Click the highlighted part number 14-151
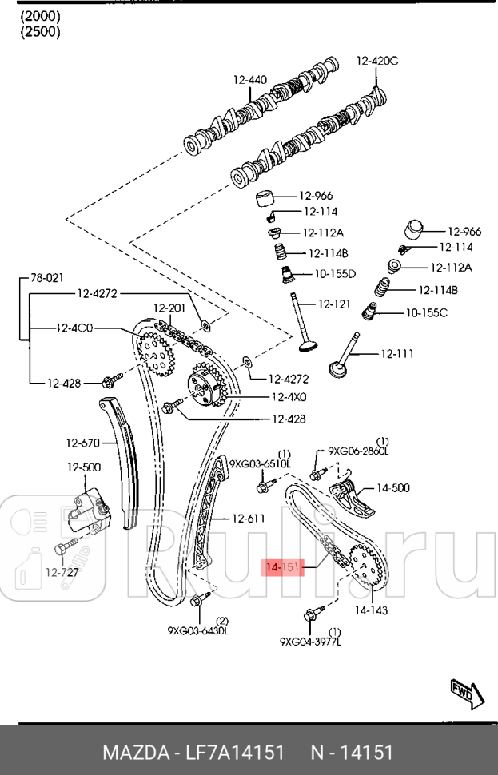pos(281,567)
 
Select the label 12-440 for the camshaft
pos(249,80)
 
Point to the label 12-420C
pos(376,60)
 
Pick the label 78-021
pos(46,278)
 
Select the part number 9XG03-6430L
pos(197,630)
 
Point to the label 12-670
pos(82,443)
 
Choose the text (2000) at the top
pos(39,16)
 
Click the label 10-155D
pos(334,274)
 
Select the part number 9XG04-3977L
pos(310,641)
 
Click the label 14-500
pos(392,487)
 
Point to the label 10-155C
pos(426,312)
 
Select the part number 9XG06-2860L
pos(358,451)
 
